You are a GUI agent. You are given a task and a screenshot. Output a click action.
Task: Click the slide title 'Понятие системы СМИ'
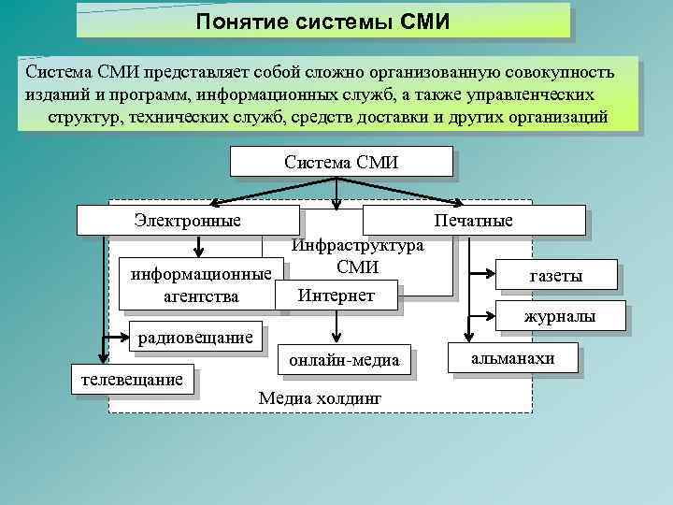pos(322,20)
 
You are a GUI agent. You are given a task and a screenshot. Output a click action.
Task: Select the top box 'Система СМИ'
pos(341,162)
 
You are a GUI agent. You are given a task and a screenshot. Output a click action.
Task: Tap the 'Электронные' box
pos(187,221)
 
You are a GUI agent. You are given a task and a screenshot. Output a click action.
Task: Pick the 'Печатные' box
pos(473,221)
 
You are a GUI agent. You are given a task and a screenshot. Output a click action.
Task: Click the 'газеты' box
pos(555,276)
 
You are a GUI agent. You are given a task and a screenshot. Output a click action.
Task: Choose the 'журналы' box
pos(560,318)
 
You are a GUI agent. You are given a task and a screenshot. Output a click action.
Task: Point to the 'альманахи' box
pos(513,358)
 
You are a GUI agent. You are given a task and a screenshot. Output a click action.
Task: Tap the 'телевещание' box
pos(132,380)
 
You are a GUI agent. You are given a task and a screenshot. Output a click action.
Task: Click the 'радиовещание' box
pos(197,337)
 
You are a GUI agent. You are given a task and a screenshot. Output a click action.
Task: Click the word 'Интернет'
pos(336,296)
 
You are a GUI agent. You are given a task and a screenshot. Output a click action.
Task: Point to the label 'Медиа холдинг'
pos(320,397)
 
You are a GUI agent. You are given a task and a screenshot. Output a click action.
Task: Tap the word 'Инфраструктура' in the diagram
pos(358,245)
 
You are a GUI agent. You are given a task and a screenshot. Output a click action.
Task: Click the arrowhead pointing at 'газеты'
pos(492,274)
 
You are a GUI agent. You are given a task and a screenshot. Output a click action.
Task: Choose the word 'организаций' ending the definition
pos(557,117)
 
